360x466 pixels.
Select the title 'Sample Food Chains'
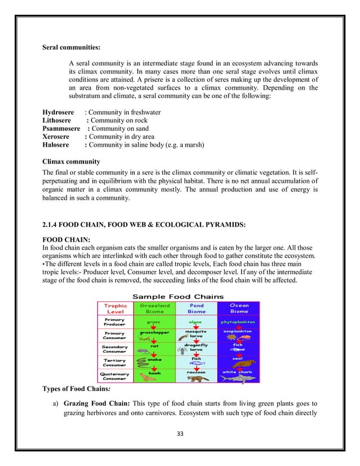tap(177, 296)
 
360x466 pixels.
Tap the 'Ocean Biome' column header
tap(239, 308)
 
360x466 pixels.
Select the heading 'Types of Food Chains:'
tap(78, 389)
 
